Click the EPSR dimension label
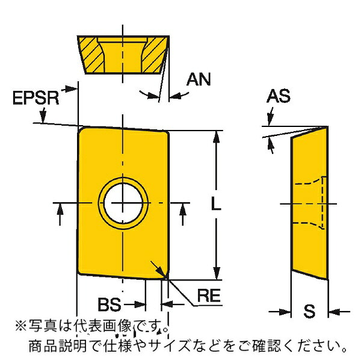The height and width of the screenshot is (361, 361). pyautogui.click(x=36, y=98)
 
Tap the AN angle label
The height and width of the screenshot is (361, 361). pyautogui.click(x=199, y=79)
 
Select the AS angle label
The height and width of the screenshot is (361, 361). pyautogui.click(x=279, y=96)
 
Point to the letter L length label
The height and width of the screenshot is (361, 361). pyautogui.click(x=216, y=204)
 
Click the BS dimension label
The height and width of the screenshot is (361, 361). pyautogui.click(x=110, y=304)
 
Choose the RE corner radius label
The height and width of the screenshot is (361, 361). pyautogui.click(x=209, y=295)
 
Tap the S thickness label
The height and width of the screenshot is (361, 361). pyautogui.click(x=309, y=311)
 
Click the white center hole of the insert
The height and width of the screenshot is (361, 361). pyautogui.click(x=123, y=203)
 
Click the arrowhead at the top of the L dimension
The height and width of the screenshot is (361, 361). pyautogui.click(x=216, y=138)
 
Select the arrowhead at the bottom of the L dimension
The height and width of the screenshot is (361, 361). pyautogui.click(x=216, y=273)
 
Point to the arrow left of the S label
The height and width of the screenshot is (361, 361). pyautogui.click(x=280, y=312)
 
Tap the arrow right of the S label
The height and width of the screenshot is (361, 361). pyautogui.click(x=339, y=312)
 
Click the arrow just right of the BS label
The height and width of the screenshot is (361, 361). pyautogui.click(x=135, y=305)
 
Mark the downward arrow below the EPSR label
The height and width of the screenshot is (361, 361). pyautogui.click(x=43, y=115)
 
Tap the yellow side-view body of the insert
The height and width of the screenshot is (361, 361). pyautogui.click(x=310, y=203)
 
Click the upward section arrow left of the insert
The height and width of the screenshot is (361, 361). pyautogui.click(x=60, y=214)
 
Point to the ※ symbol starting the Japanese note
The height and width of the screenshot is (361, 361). pyautogui.click(x=20, y=327)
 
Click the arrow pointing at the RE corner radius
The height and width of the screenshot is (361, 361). pyautogui.click(x=158, y=269)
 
